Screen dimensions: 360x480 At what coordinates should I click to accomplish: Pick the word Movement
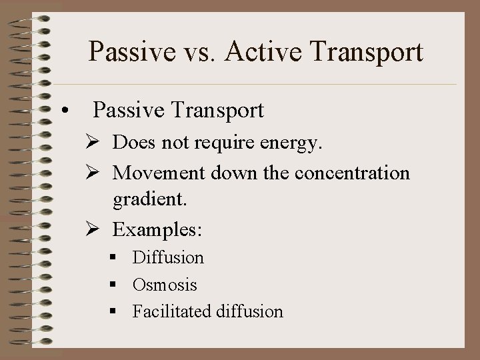click(x=160, y=173)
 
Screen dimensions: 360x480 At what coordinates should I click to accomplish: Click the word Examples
click(x=157, y=230)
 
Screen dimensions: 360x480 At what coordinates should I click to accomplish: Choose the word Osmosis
click(x=165, y=285)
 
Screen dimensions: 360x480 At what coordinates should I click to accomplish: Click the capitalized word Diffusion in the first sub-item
click(x=168, y=257)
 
